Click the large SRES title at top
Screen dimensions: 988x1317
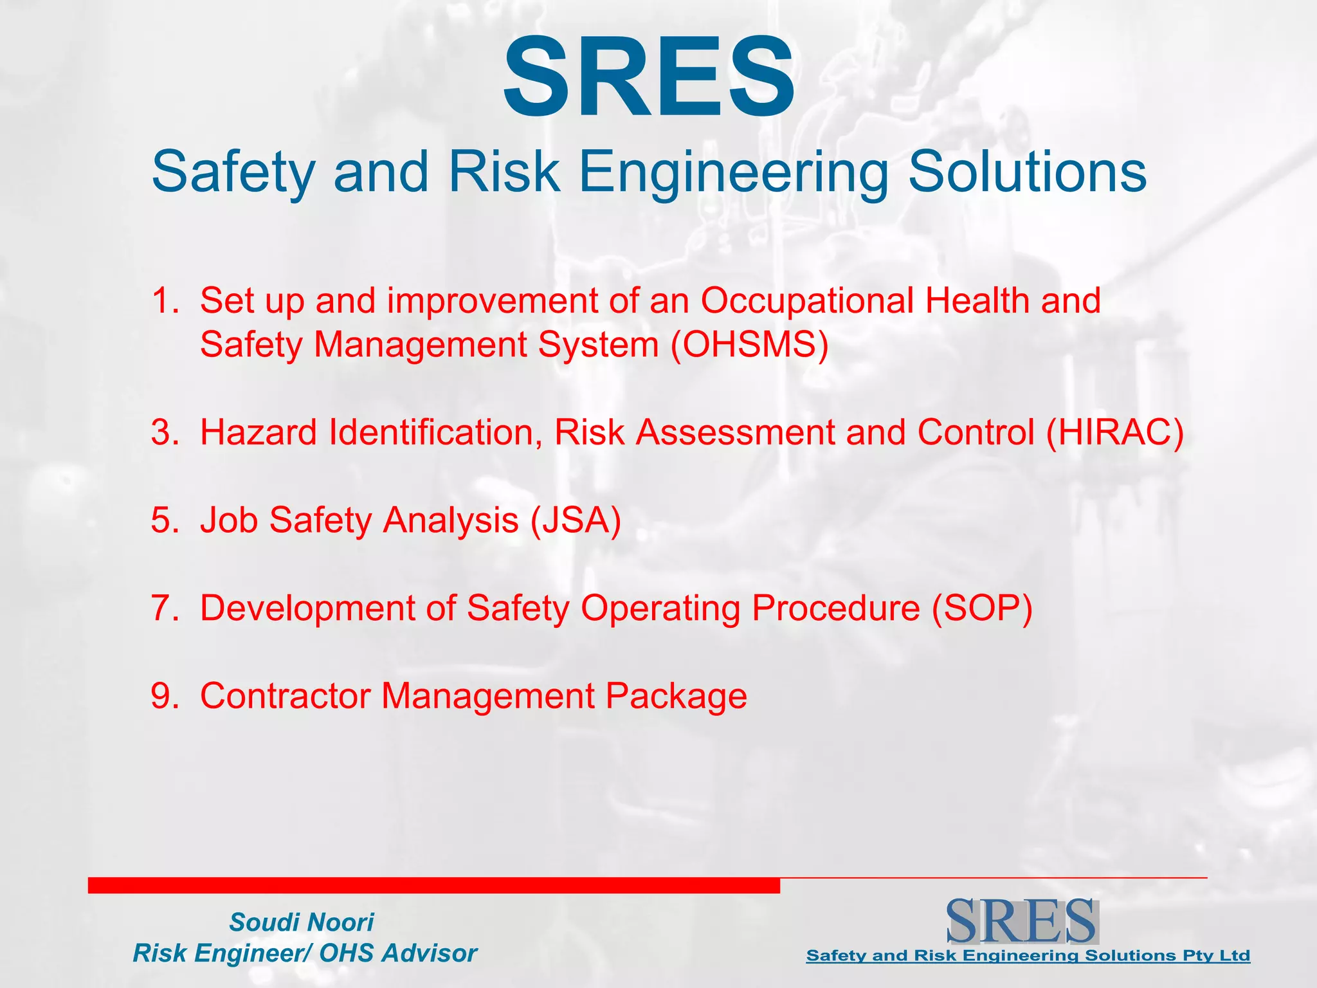point(648,77)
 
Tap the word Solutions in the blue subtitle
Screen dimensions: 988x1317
point(1027,172)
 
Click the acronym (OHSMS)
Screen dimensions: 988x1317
point(749,344)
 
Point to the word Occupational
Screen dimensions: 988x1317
point(806,300)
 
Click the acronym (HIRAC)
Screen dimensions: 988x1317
point(1114,432)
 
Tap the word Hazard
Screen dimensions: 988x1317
point(258,432)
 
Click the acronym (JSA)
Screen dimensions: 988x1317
point(576,520)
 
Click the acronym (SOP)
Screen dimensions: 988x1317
point(982,608)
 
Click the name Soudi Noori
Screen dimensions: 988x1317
point(301,922)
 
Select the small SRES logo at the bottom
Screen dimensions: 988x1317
point(1021,921)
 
